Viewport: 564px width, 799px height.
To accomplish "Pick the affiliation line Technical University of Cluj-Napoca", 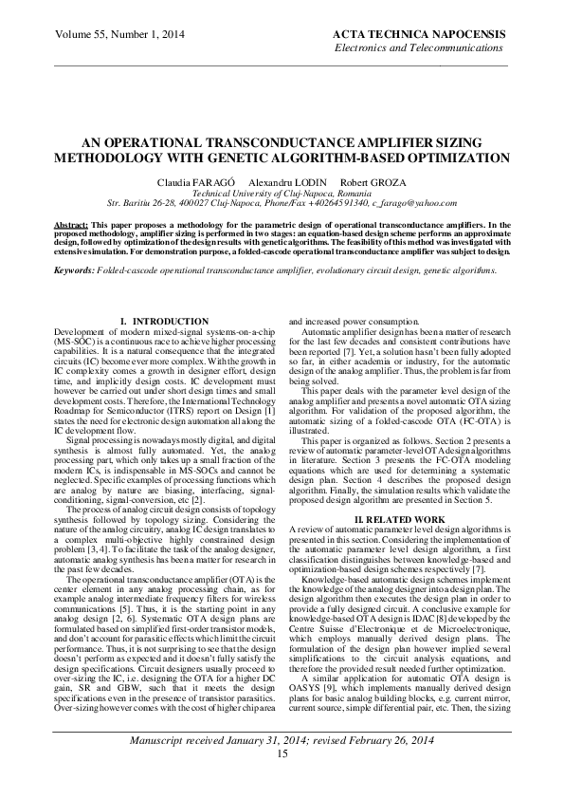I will pos(282,192).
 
